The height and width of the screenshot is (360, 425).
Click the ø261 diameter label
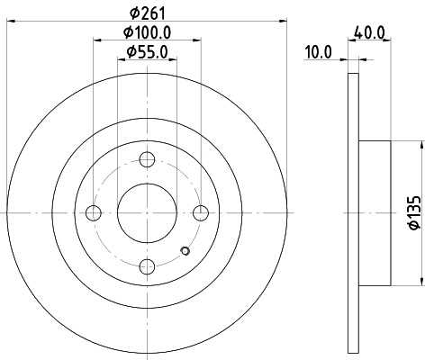pyautogui.click(x=147, y=10)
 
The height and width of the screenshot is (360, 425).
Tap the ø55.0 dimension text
pyautogui.click(x=147, y=52)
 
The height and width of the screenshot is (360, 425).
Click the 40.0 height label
pyautogui.click(x=370, y=32)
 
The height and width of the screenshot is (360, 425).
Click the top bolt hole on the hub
pyautogui.click(x=147, y=159)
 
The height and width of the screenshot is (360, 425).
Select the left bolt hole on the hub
pyautogui.click(x=93, y=213)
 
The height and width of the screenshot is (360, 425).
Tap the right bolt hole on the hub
pyautogui.click(x=201, y=213)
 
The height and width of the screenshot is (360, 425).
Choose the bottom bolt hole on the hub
pyautogui.click(x=147, y=266)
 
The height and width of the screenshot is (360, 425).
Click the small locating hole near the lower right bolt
pyautogui.click(x=185, y=251)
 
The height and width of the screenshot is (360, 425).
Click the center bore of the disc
pyautogui.click(x=147, y=213)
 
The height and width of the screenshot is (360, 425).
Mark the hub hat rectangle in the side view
pyautogui.click(x=374, y=213)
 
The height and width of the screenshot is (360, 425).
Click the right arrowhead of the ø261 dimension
pyautogui.click(x=282, y=20)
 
